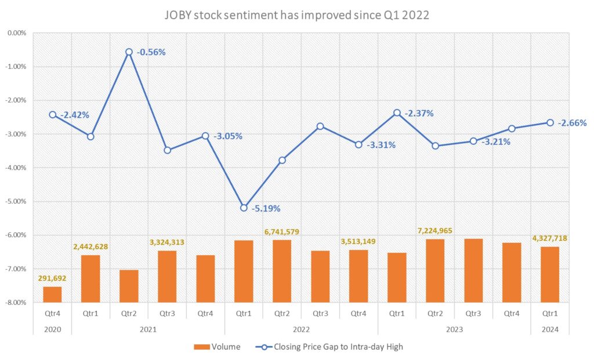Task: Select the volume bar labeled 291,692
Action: click(x=52, y=294)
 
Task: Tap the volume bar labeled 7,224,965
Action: click(x=434, y=270)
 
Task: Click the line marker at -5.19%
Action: click(x=244, y=208)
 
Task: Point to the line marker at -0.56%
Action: click(x=129, y=52)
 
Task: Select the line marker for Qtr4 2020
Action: click(x=52, y=115)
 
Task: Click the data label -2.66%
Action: click(x=572, y=123)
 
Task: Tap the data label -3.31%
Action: click(x=381, y=145)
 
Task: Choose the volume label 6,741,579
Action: click(x=281, y=232)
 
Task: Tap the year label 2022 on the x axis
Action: click(x=300, y=329)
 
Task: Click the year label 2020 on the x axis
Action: click(x=52, y=329)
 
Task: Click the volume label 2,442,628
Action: click(x=90, y=247)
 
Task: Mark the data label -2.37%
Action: click(x=419, y=114)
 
